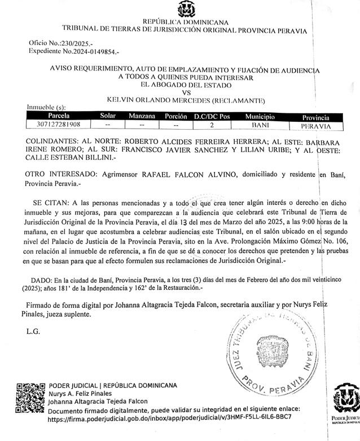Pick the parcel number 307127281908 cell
click(58, 124)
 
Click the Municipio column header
click(260, 116)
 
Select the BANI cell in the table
click(260, 124)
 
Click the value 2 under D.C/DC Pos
click(212, 124)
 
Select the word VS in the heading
click(186, 92)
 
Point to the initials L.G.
click(33, 332)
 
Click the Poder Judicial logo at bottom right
click(345, 402)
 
